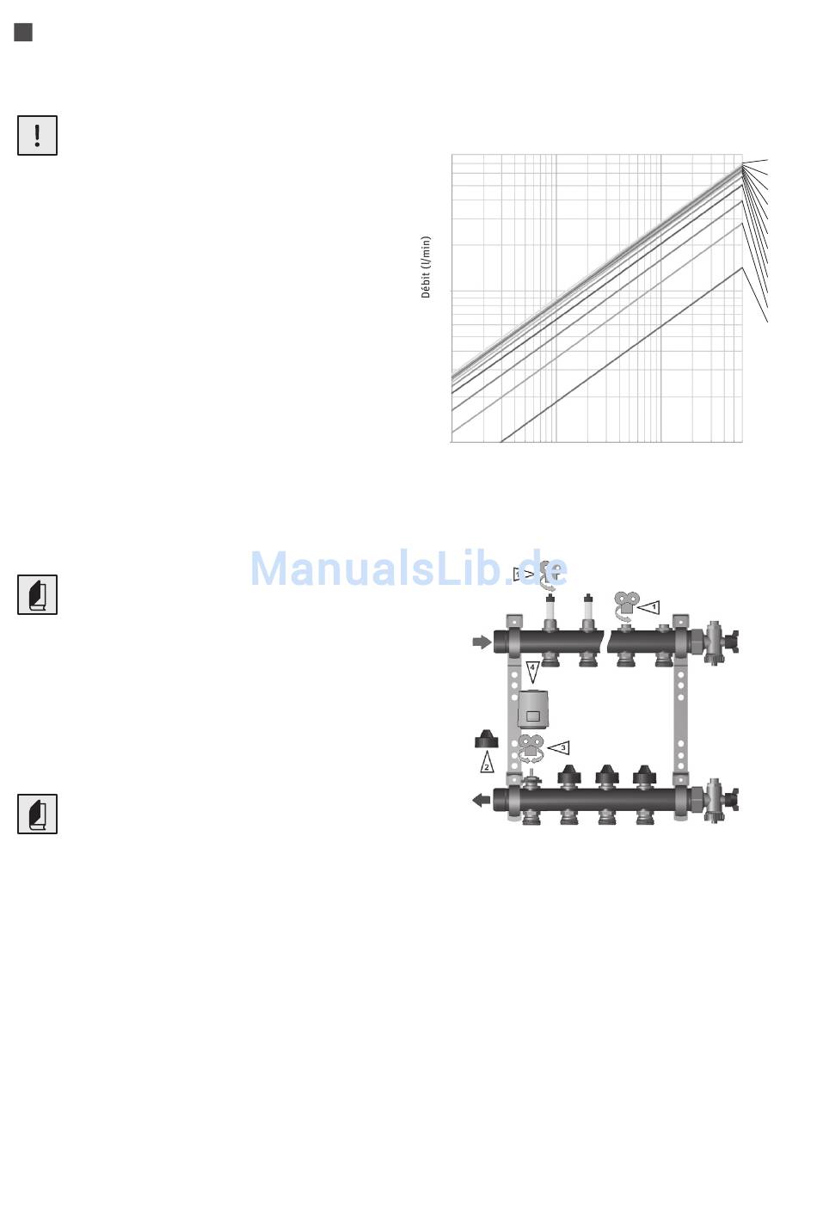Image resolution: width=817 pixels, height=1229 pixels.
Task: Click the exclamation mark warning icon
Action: point(37,136)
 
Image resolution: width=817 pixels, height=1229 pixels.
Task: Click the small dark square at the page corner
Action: point(23,33)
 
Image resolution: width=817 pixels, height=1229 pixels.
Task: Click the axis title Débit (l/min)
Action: point(426,267)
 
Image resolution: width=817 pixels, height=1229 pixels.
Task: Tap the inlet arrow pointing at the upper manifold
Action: point(482,642)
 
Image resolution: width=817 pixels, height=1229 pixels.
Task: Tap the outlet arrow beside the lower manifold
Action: point(482,800)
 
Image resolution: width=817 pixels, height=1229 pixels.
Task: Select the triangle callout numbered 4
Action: point(532,672)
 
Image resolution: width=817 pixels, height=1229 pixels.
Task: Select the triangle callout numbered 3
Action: point(558,748)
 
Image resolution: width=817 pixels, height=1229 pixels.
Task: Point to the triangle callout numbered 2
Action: point(487,762)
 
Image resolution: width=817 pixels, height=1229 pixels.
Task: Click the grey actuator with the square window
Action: point(533,709)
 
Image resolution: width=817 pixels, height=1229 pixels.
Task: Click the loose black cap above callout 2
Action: point(486,739)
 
